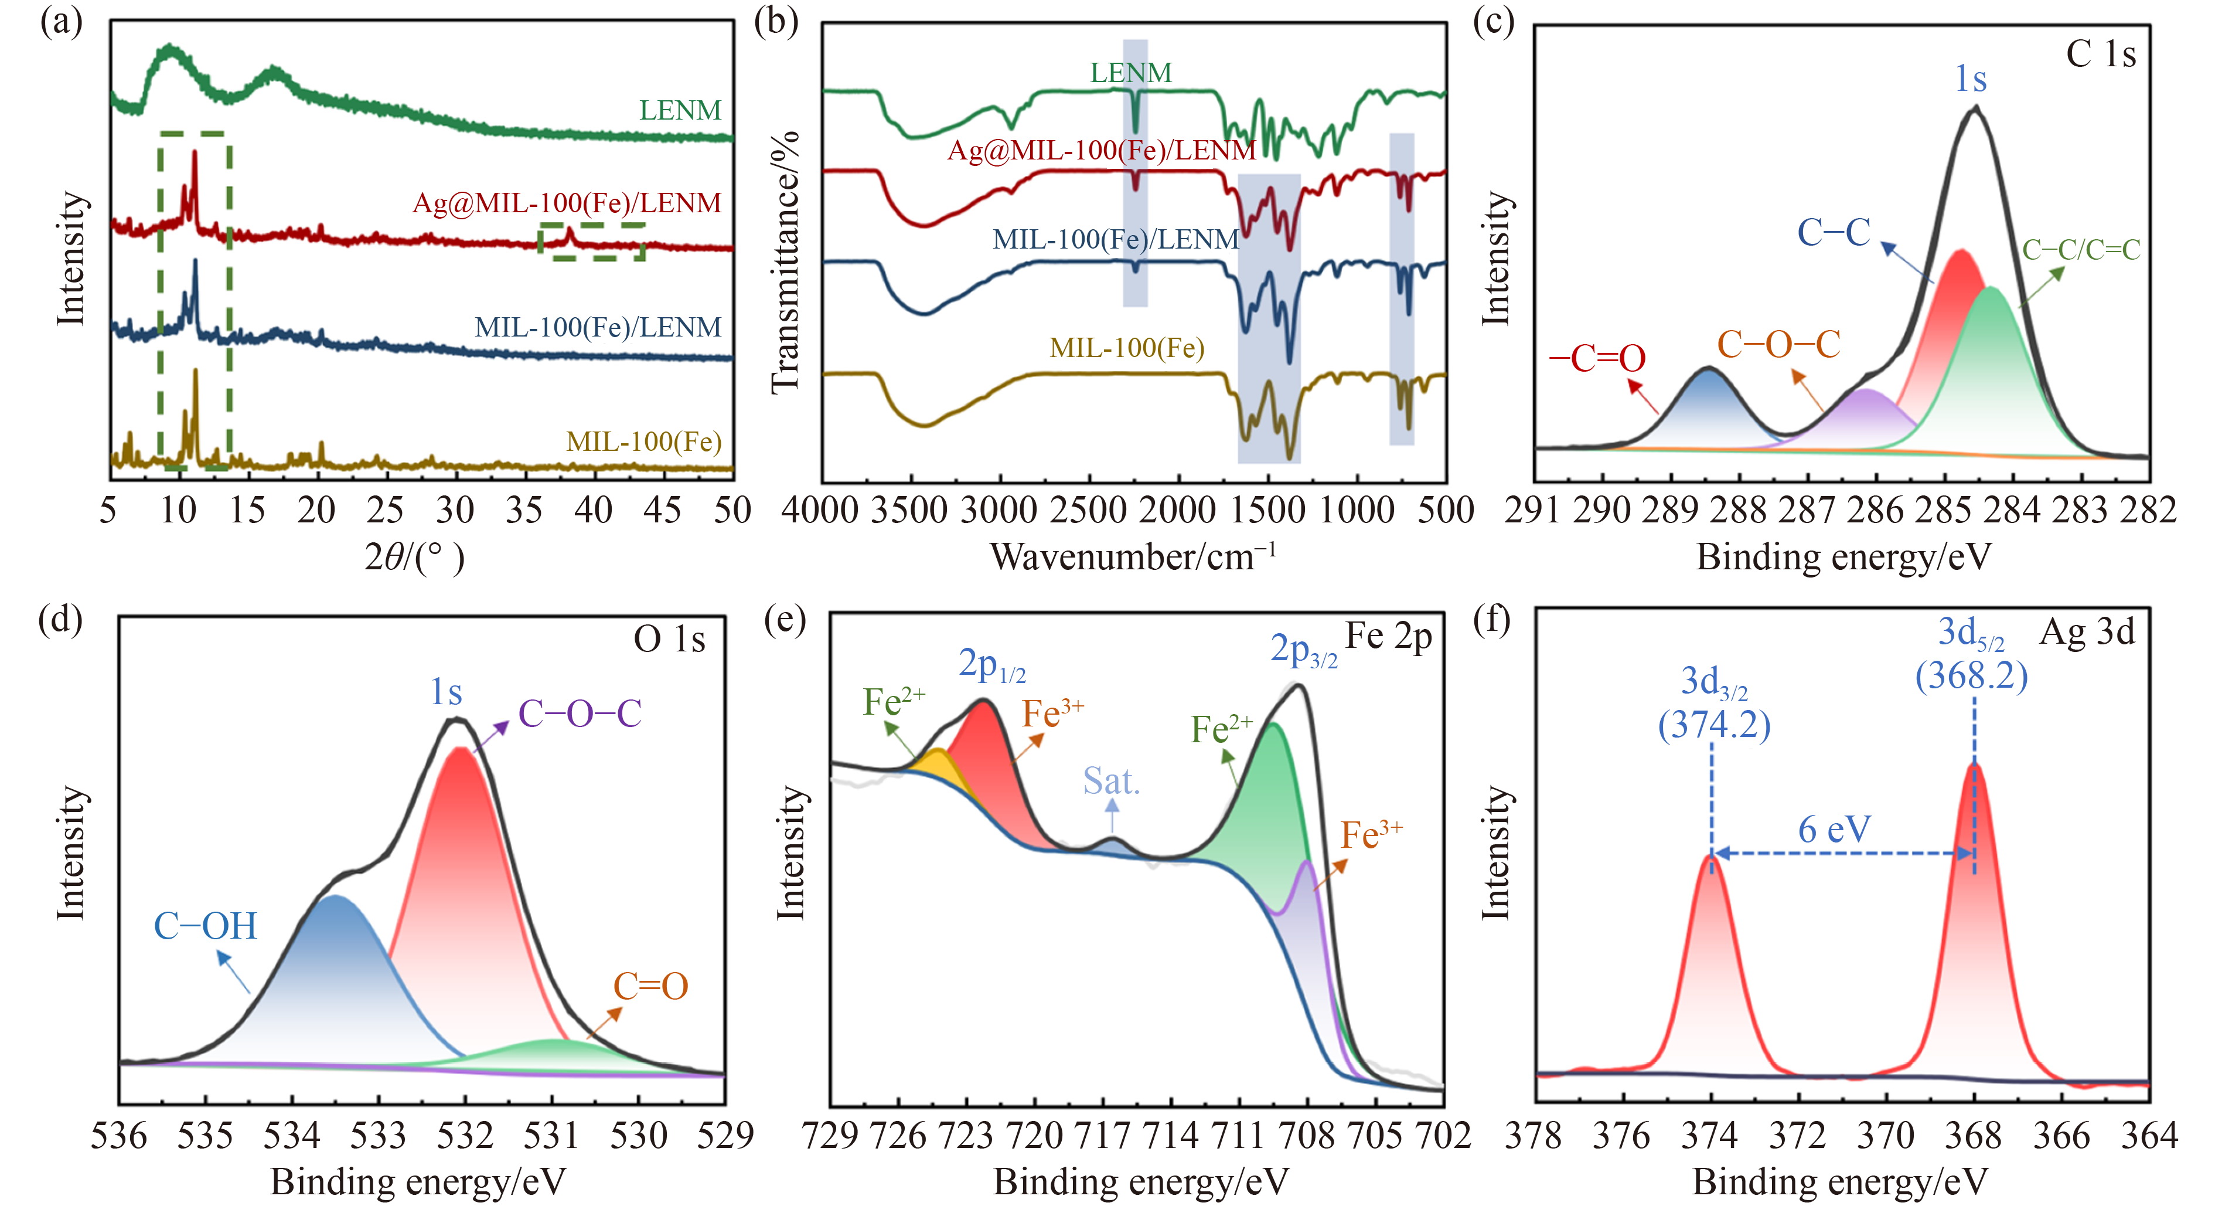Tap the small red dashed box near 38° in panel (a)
(x=592, y=242)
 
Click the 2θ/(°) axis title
(x=414, y=558)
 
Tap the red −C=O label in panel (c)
(x=1597, y=358)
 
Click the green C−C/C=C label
(x=2081, y=249)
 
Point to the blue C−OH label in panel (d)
(x=206, y=926)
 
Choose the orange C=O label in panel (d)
(x=651, y=987)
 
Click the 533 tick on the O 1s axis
(x=379, y=1136)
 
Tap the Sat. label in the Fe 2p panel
(x=1111, y=781)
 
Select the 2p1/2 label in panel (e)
(x=992, y=665)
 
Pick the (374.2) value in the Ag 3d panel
(x=1714, y=725)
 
